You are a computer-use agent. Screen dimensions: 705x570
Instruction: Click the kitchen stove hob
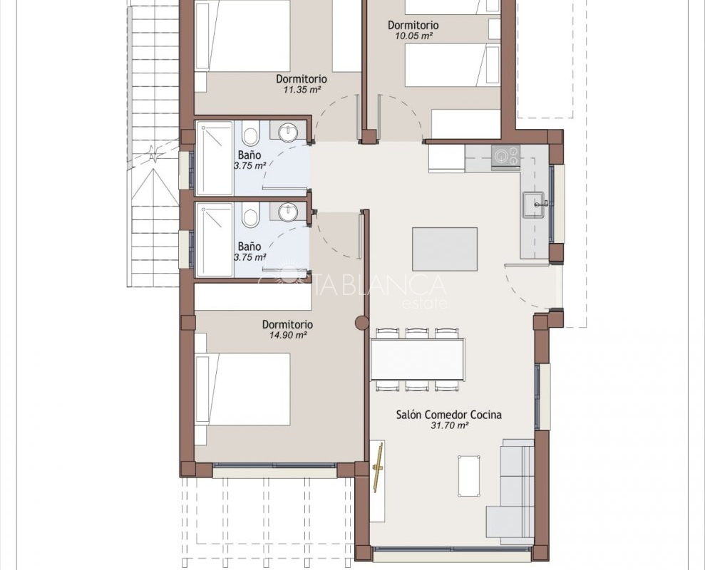point(505,157)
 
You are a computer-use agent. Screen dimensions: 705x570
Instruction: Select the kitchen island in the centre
point(445,249)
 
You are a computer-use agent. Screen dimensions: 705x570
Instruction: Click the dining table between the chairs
point(417,359)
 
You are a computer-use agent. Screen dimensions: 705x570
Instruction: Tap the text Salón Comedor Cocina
point(448,415)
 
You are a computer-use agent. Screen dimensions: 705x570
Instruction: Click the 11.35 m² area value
point(302,90)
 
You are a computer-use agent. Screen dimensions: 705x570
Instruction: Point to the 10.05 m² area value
point(413,36)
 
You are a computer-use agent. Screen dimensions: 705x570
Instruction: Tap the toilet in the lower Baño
point(249,216)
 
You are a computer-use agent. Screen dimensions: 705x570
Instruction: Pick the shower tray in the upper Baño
point(215,158)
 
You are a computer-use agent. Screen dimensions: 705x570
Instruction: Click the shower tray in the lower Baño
point(215,239)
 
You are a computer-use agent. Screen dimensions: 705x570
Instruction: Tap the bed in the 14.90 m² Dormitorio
point(243,389)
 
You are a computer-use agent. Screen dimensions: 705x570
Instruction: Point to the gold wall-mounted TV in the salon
point(379,467)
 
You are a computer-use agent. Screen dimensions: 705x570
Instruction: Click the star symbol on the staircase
point(153,154)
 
